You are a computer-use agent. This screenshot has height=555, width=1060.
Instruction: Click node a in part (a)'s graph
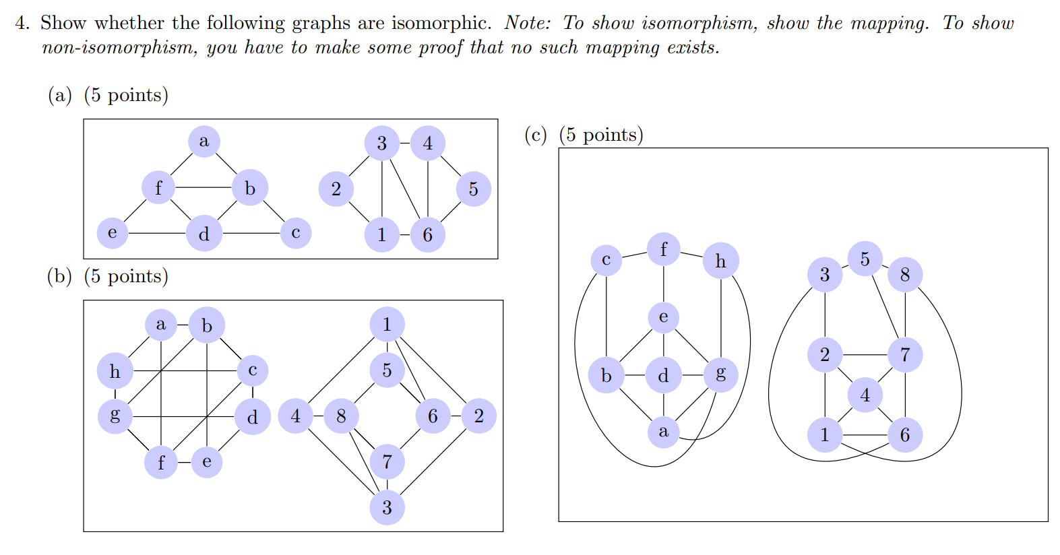tap(204, 141)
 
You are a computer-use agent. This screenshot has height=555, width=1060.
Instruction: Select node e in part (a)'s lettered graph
tap(113, 233)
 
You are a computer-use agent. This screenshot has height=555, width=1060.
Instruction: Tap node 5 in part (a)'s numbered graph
tap(473, 189)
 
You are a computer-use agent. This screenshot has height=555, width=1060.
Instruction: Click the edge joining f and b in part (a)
tap(204, 187)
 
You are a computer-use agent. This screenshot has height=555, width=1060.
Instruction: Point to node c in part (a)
tap(295, 233)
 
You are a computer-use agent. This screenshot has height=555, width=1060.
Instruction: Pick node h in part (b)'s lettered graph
tap(115, 371)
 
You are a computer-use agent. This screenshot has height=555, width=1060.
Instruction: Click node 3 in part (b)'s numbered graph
tap(387, 507)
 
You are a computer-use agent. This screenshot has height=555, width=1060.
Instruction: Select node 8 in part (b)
tap(341, 416)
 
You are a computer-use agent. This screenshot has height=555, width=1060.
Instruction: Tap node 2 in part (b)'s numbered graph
tap(478, 416)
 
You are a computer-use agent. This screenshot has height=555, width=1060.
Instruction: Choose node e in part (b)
tap(206, 462)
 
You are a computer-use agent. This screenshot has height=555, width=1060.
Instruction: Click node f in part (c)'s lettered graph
tap(664, 250)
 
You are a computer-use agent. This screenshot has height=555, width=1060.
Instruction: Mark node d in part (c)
tap(664, 375)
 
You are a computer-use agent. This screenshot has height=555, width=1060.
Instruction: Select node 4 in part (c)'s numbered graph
tap(865, 395)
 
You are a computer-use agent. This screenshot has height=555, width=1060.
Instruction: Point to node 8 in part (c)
tap(904, 275)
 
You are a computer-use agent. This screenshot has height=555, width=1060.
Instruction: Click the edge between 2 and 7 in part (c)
tap(865, 354)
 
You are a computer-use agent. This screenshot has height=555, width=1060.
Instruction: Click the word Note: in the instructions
tap(527, 23)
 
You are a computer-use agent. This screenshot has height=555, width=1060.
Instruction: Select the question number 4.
tap(22, 23)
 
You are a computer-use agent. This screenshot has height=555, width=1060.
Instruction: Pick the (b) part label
tap(59, 276)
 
